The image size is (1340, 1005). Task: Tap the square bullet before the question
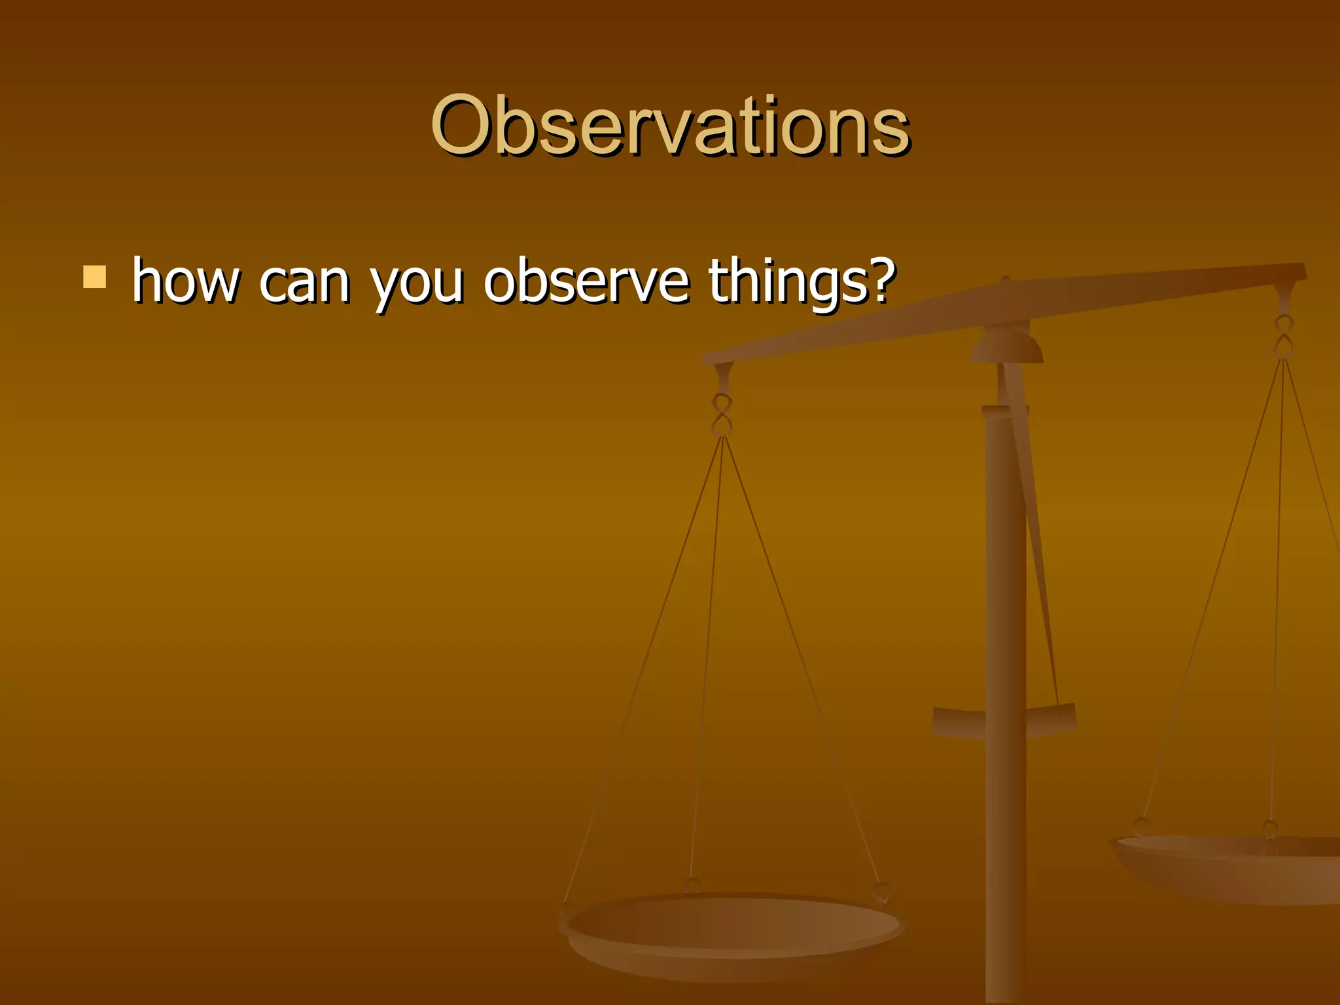[95, 277]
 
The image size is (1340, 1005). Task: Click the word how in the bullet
[185, 281]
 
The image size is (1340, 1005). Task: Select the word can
[304, 283]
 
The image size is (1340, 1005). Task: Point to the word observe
[586, 281]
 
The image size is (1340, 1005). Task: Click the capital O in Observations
[463, 126]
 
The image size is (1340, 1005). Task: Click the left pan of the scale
[732, 929]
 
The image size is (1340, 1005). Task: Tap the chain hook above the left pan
[722, 415]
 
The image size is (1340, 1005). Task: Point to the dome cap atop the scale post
[1006, 347]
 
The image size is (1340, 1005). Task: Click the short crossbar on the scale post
[1004, 720]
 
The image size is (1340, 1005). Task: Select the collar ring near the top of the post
[1005, 412]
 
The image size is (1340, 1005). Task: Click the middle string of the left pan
[707, 654]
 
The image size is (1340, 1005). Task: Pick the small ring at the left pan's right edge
[881, 891]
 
